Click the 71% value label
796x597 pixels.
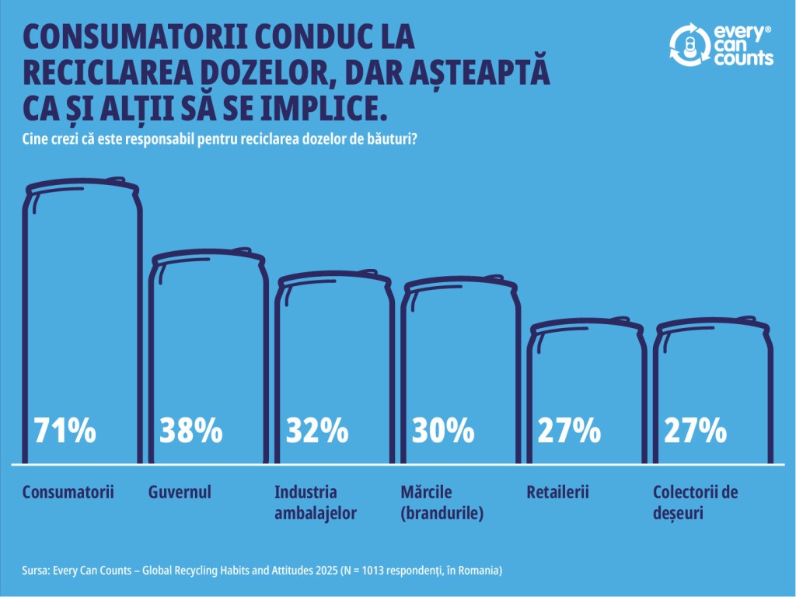[x=65, y=430]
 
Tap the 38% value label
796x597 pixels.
[x=191, y=430]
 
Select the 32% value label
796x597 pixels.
[x=317, y=430]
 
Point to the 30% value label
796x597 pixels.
[x=443, y=430]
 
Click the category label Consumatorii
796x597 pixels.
[x=68, y=492]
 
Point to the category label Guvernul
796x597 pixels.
[x=180, y=492]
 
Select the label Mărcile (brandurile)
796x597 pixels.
[x=442, y=502]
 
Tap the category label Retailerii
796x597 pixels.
[x=558, y=492]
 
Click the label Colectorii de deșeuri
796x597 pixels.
[x=695, y=502]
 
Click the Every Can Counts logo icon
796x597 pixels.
[x=686, y=44]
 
